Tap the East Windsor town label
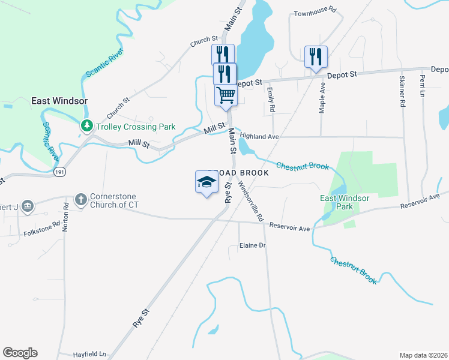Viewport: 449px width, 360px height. click(x=59, y=101)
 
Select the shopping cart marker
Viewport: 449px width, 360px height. click(x=226, y=96)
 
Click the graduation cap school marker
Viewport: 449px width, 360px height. click(x=206, y=182)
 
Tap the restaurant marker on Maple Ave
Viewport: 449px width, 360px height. click(x=316, y=57)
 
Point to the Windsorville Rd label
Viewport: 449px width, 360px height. click(x=252, y=202)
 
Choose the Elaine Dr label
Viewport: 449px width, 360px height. click(x=252, y=245)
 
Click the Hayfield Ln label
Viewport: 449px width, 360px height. click(x=90, y=354)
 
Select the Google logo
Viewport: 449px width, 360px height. click(x=20, y=353)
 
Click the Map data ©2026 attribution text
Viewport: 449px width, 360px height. click(x=423, y=355)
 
